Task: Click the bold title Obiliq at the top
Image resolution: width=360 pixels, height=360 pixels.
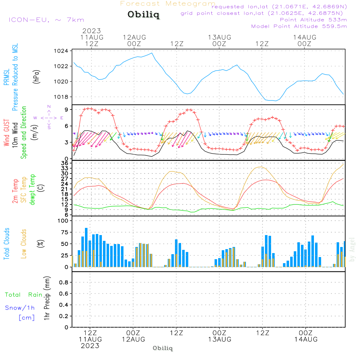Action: [x=143, y=15]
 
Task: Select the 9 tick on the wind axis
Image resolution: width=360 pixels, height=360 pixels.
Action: [x=67, y=109]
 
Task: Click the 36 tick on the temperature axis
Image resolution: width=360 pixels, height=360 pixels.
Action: [x=65, y=163]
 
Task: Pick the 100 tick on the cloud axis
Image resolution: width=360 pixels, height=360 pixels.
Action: [x=63, y=221]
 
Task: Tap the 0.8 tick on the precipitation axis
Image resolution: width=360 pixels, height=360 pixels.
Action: [x=64, y=283]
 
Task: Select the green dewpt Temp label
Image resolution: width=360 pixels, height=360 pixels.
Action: [x=32, y=190]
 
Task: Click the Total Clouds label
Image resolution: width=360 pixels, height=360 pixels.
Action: [x=6, y=243]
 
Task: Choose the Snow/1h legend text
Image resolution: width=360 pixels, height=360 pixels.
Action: [x=20, y=308]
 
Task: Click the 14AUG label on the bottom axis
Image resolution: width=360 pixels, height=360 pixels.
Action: [x=306, y=339]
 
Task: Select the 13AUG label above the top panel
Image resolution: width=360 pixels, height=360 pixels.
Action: [x=219, y=37]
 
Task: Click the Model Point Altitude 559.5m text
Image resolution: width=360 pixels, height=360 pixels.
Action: [x=299, y=26]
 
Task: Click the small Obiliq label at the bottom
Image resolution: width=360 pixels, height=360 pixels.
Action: [x=163, y=348]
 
